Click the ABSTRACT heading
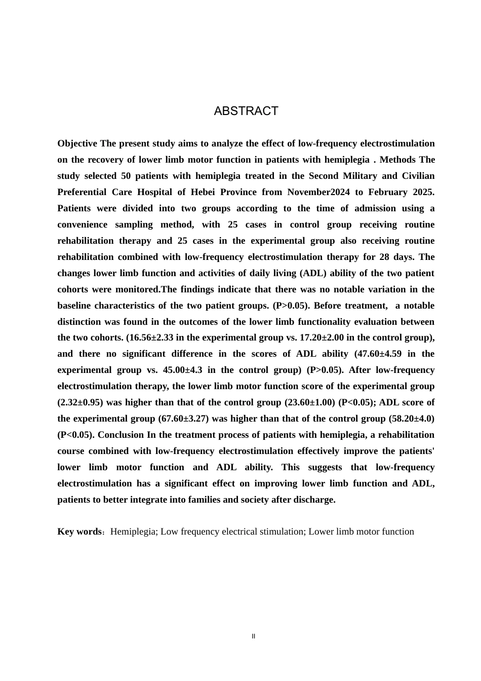point(246,111)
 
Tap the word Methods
point(397,160)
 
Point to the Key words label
point(79,532)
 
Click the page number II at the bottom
point(254,636)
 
